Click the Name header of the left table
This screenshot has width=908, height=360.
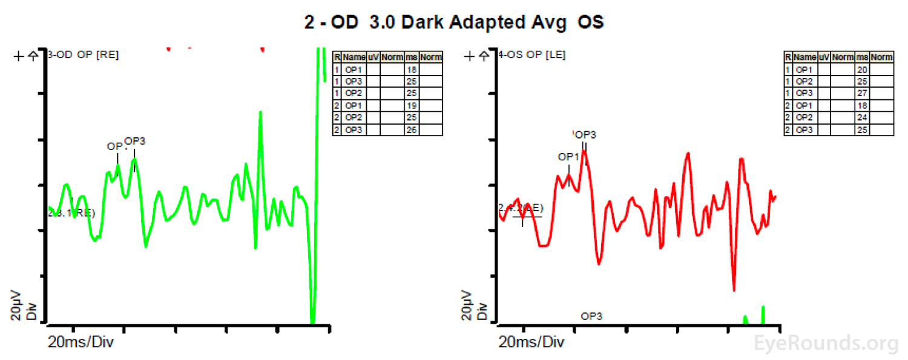pos(354,57)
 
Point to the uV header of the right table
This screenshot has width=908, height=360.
pos(824,57)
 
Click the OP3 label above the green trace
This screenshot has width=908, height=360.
pos(134,142)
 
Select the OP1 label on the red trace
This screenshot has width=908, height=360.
pos(569,157)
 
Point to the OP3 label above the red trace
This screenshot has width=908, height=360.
pos(585,134)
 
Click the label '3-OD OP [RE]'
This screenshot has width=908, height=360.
pos(84,54)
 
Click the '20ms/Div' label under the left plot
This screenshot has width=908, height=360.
pos(81,342)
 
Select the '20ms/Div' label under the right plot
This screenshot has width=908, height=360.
pos(532,342)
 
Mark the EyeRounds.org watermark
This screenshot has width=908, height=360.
pos(826,343)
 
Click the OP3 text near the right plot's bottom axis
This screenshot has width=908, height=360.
pos(591,316)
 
